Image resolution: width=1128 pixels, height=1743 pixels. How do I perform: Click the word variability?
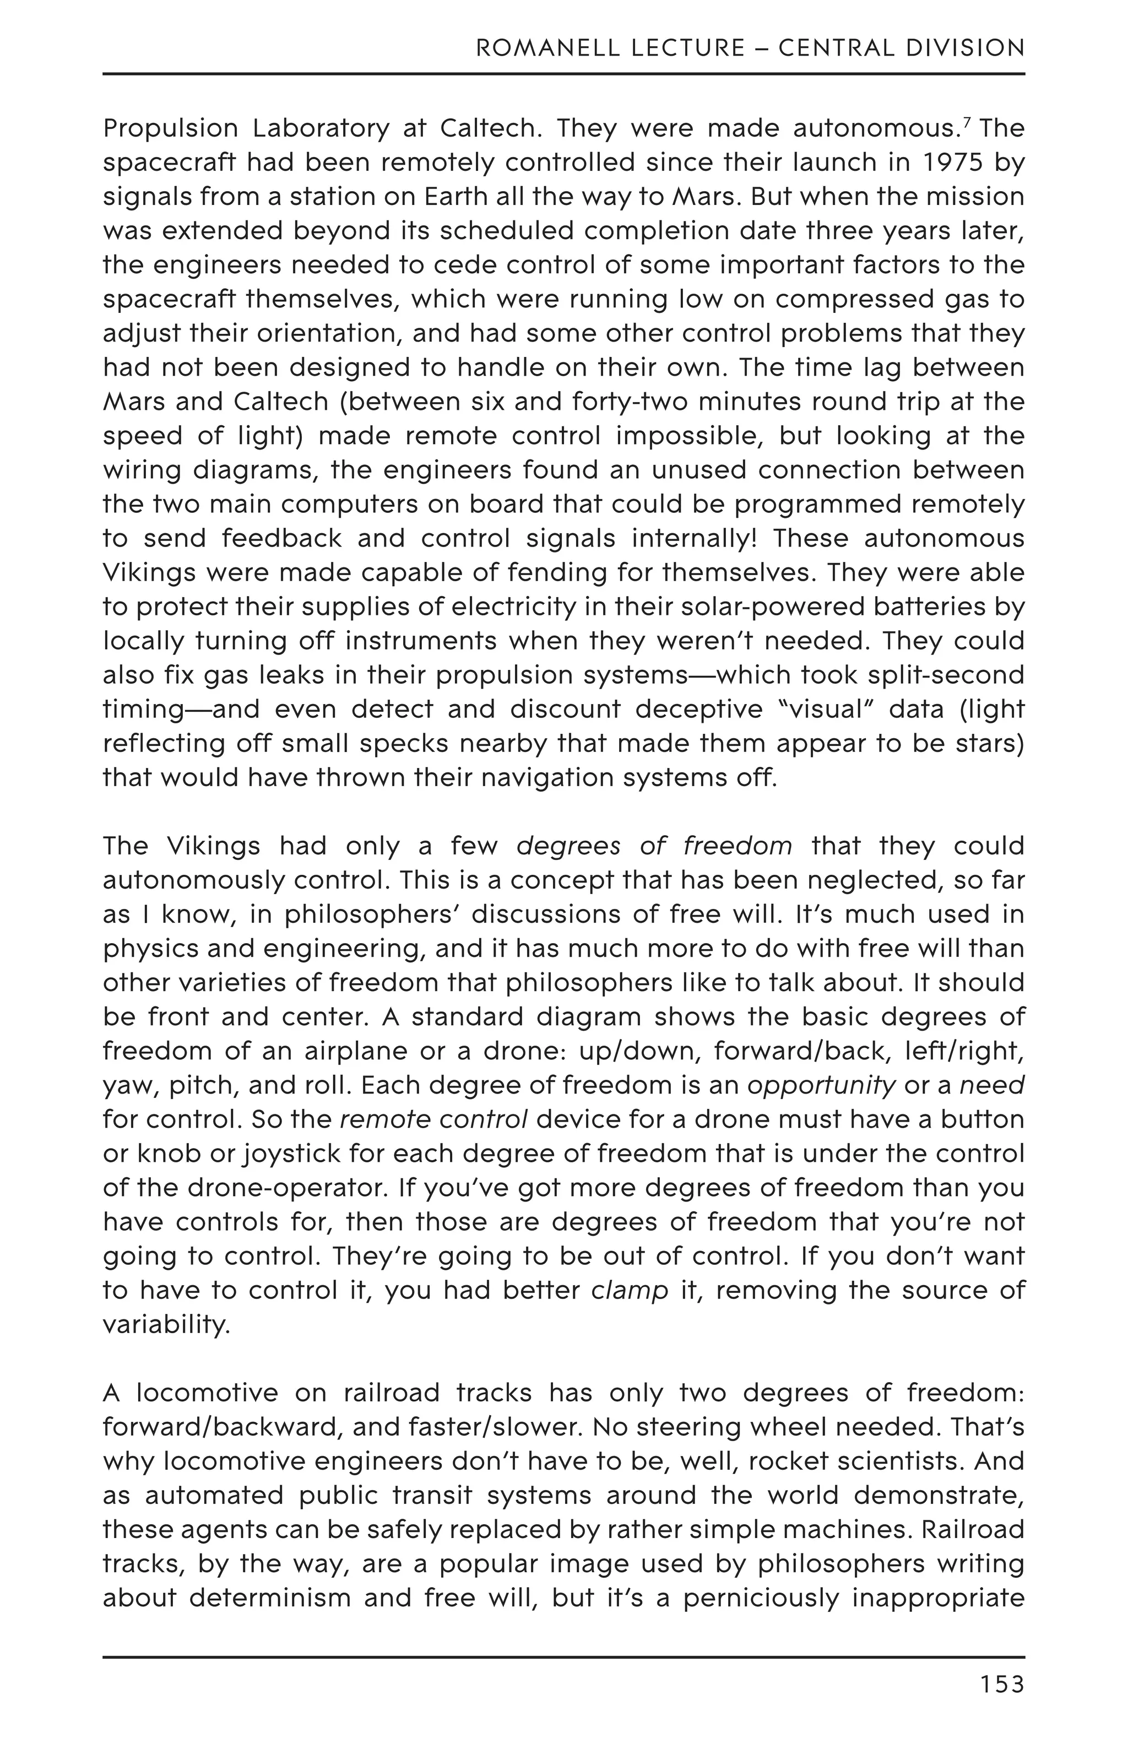point(166,1325)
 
